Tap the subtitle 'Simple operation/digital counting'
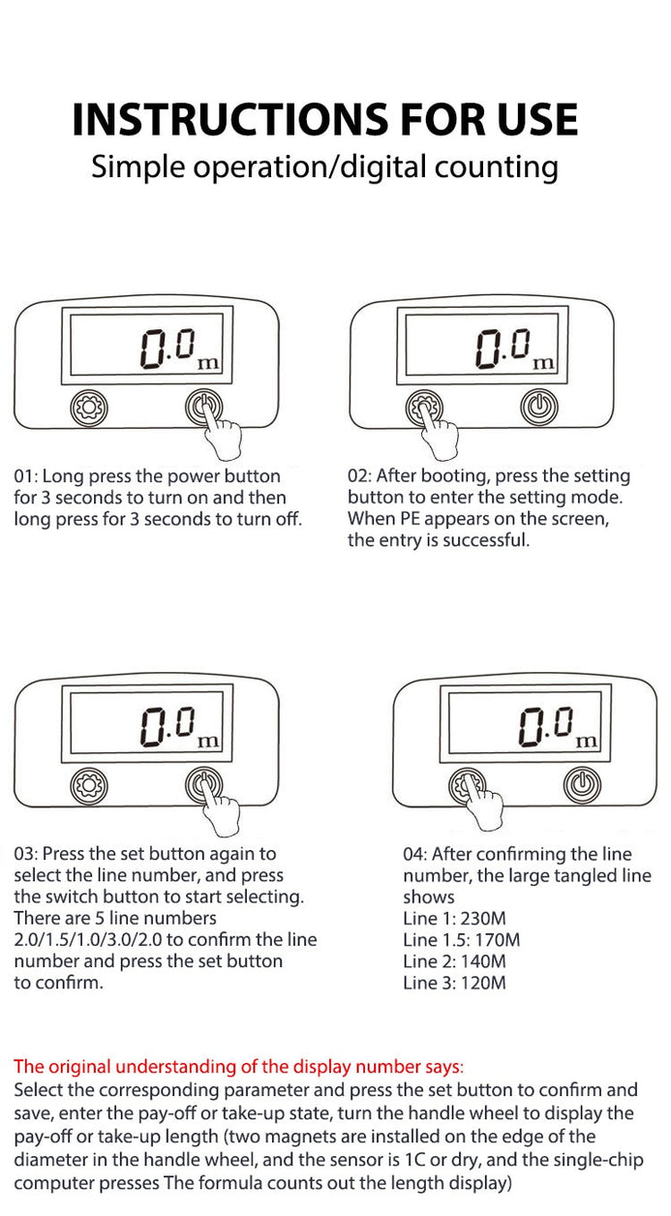(x=324, y=167)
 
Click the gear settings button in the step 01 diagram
(x=89, y=409)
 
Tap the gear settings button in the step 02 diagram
(x=423, y=408)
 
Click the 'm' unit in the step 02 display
(x=544, y=363)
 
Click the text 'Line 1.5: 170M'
(x=461, y=940)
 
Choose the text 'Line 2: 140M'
(x=454, y=961)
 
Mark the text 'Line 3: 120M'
(x=454, y=983)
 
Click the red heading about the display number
(x=238, y=1067)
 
